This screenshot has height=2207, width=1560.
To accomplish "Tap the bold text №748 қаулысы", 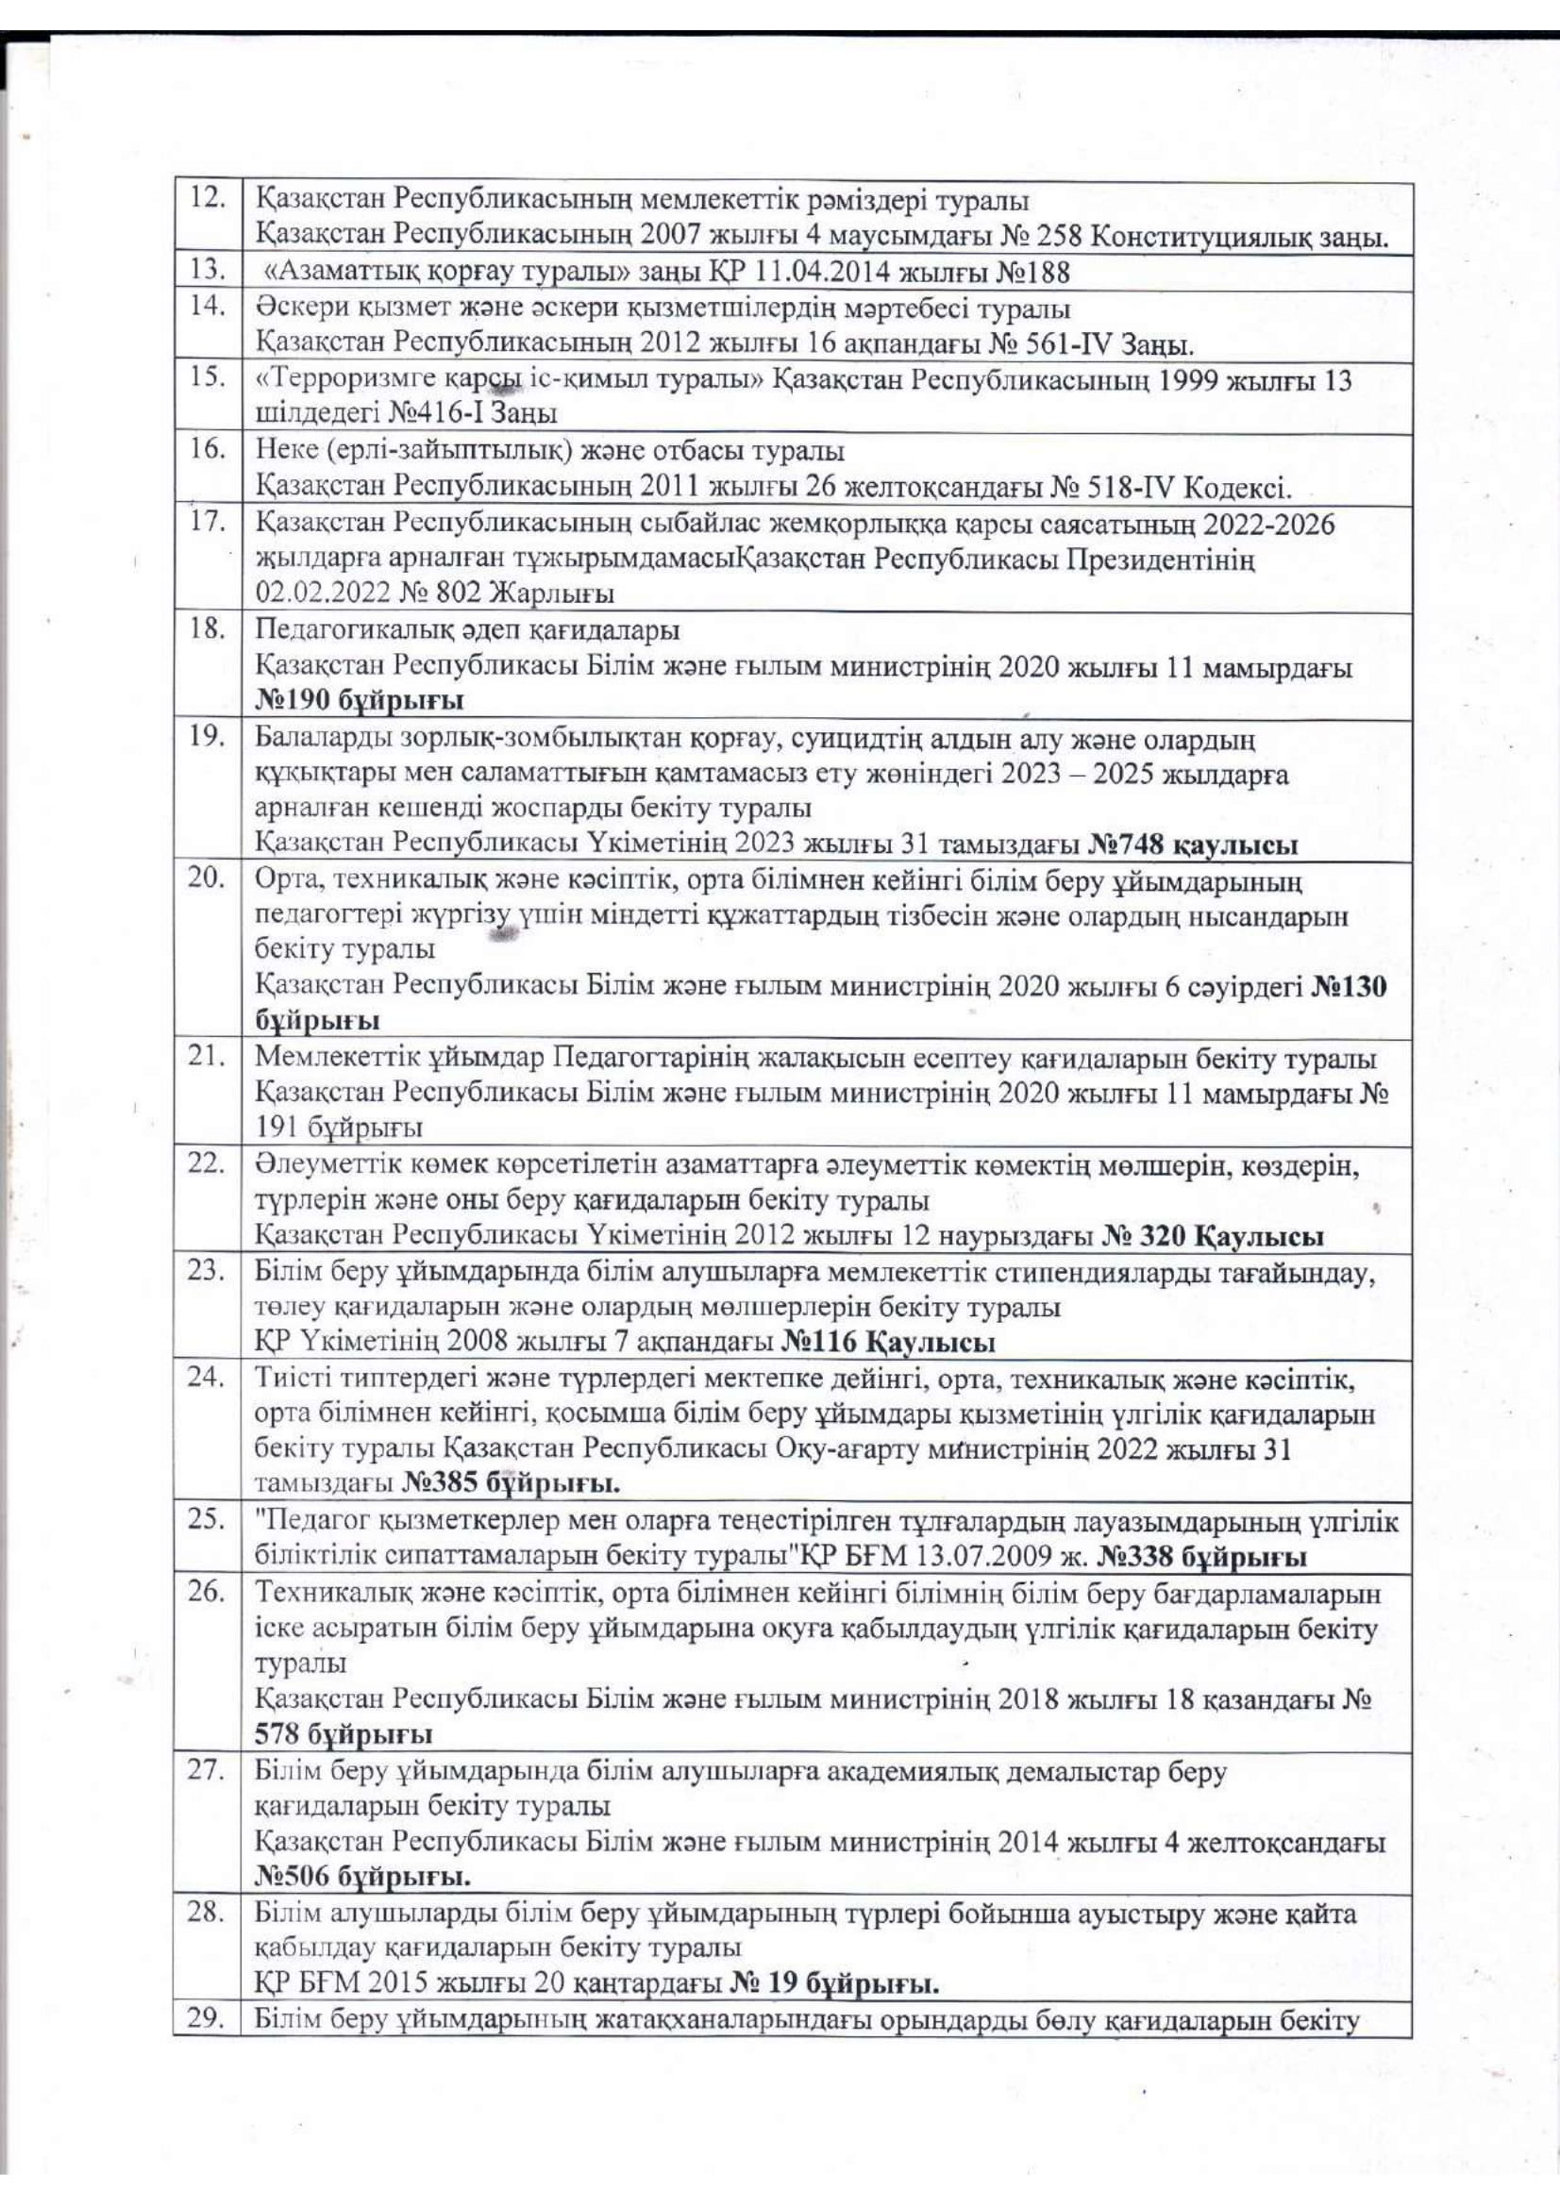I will coord(1193,844).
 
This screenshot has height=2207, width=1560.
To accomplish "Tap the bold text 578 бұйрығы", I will coord(344,1734).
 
